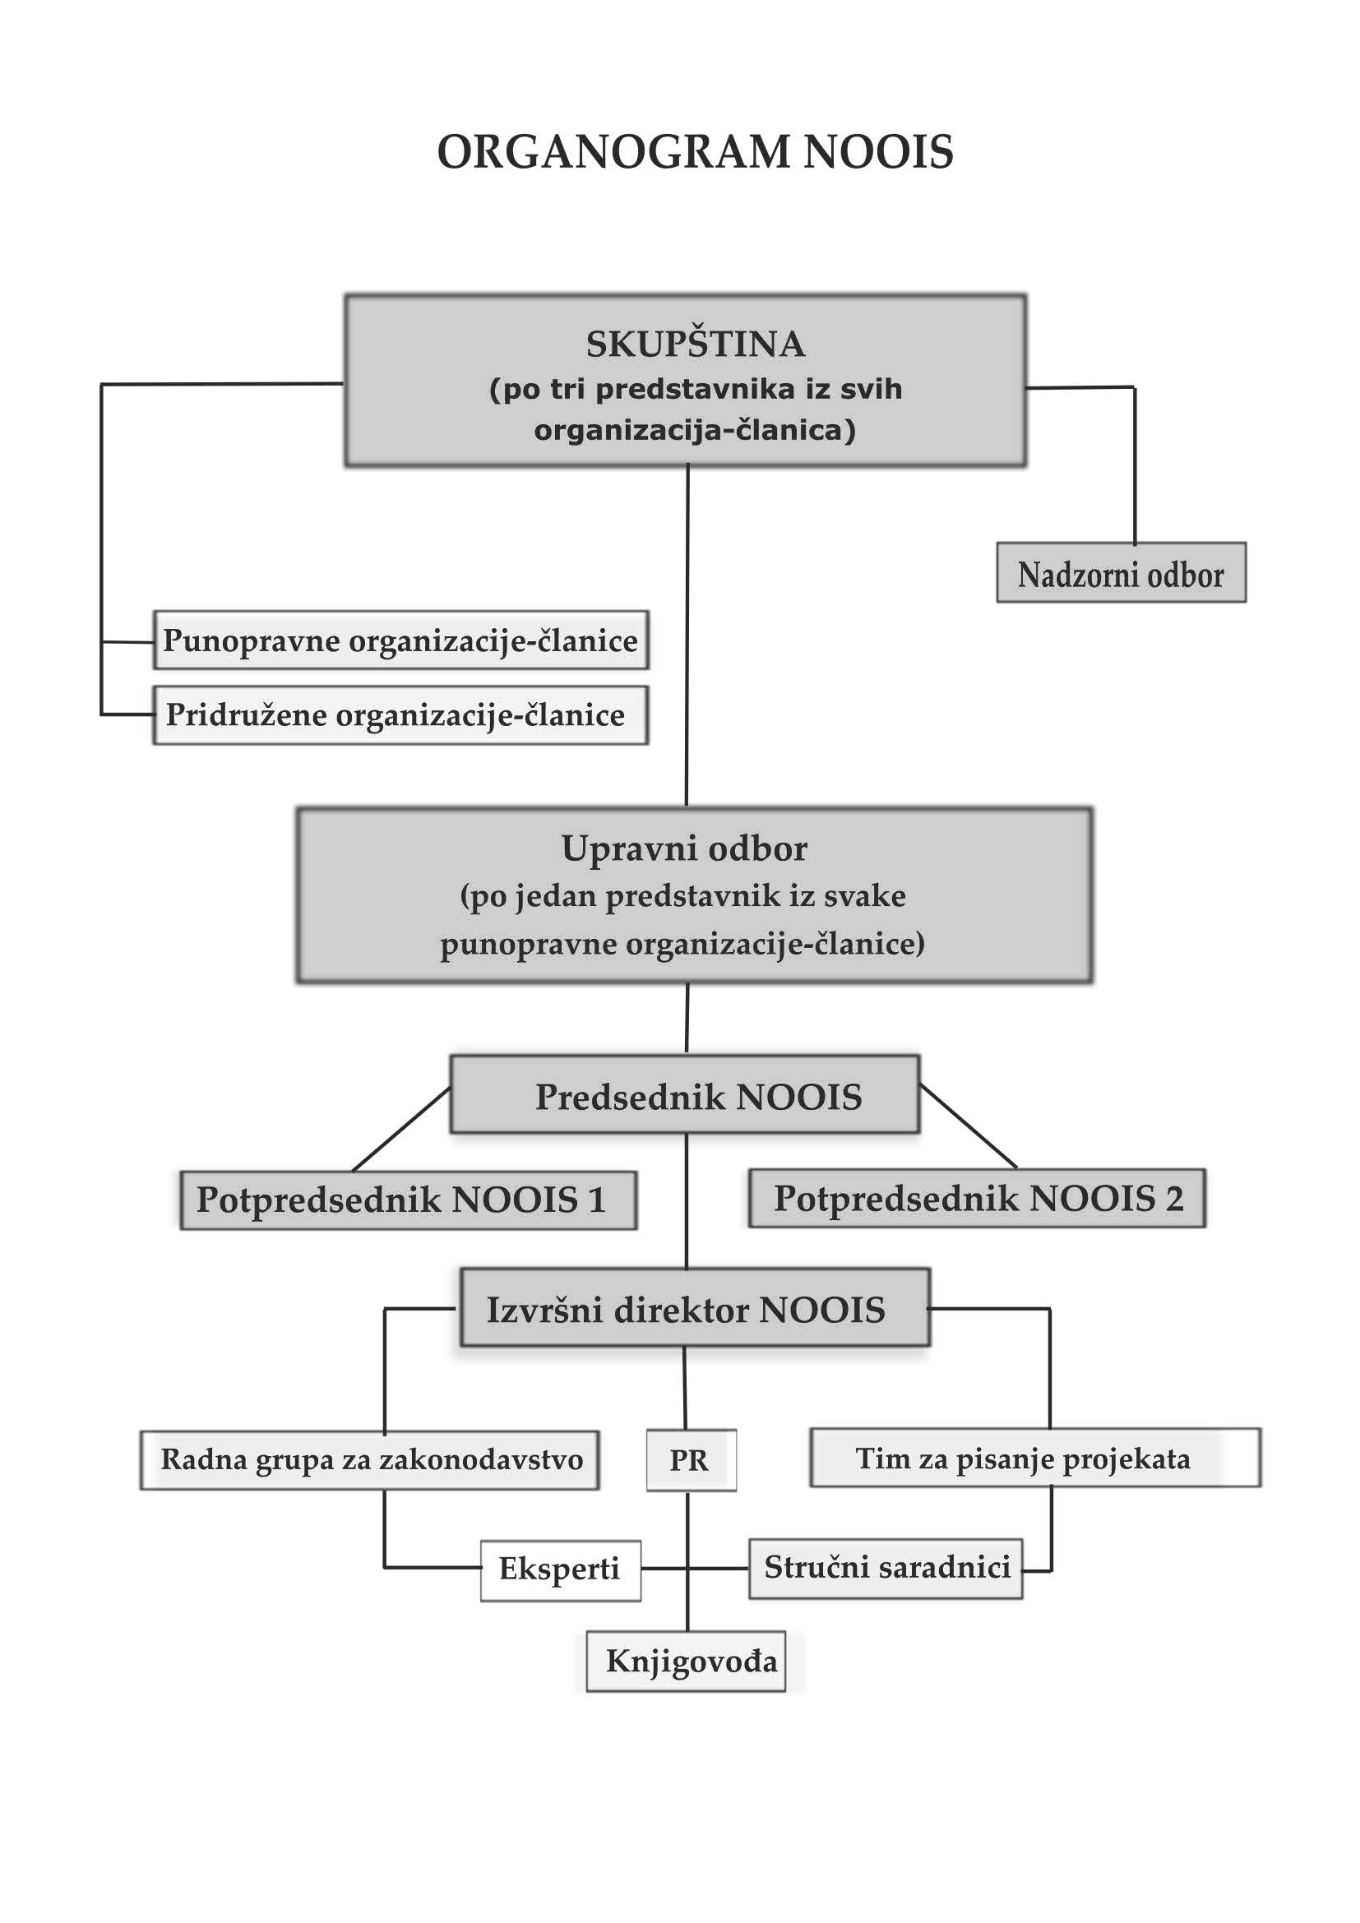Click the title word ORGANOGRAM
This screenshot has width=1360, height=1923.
click(614, 152)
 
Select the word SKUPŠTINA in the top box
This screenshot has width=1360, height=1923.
click(695, 344)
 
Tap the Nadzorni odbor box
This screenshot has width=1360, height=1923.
click(1121, 574)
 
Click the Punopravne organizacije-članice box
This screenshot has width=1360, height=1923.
click(400, 640)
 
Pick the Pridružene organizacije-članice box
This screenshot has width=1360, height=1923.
click(400, 715)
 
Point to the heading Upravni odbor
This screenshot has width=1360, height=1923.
click(684, 848)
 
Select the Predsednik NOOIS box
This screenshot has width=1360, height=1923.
click(685, 1095)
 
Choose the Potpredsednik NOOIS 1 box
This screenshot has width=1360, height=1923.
click(408, 1200)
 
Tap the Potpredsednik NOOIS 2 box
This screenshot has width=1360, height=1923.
click(977, 1199)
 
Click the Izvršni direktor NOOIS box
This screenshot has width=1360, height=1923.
click(694, 1310)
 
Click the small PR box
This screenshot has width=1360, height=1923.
click(690, 1460)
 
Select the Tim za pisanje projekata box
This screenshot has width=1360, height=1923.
click(1034, 1458)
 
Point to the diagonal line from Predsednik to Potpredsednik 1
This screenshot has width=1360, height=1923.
click(402, 1128)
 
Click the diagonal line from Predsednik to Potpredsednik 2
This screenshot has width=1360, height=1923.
click(968, 1126)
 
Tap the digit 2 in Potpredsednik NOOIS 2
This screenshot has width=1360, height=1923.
click(1174, 1199)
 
